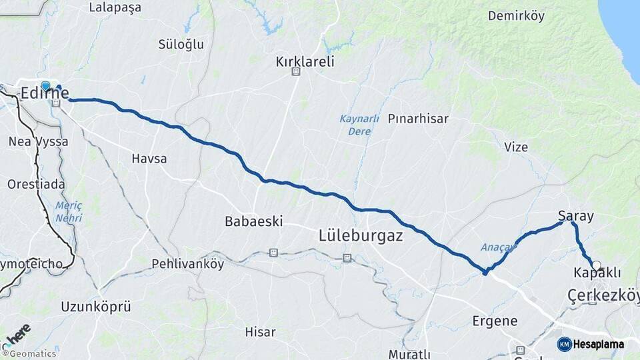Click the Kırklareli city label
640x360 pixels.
click(x=305, y=62)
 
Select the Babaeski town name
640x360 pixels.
click(x=254, y=221)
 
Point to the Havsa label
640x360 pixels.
click(x=149, y=159)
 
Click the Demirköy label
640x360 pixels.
click(x=516, y=16)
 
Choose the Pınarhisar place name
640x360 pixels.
click(x=418, y=119)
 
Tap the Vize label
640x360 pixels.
click(x=516, y=147)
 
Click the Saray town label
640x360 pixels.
click(x=576, y=216)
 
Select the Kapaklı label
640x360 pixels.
click(x=597, y=273)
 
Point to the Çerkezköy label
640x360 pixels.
click(x=603, y=295)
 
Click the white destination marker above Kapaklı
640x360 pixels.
click(x=597, y=265)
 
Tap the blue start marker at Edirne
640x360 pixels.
click(x=45, y=85)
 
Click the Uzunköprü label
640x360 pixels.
click(x=95, y=307)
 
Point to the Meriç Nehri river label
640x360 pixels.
click(x=69, y=212)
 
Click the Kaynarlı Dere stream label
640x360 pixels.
click(x=359, y=125)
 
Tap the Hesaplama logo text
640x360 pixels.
click(x=598, y=344)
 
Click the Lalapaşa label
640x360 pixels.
click(x=115, y=8)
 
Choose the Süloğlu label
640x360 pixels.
click(x=180, y=45)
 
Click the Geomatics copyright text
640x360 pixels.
click(x=32, y=354)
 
